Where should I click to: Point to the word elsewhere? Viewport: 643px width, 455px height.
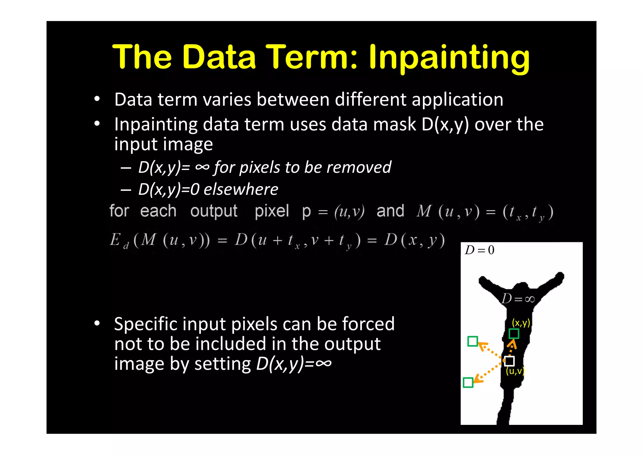(241, 189)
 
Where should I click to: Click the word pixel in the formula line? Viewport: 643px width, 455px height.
(272, 211)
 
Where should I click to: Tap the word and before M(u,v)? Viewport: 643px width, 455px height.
(390, 211)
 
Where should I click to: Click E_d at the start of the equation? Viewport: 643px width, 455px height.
(119, 241)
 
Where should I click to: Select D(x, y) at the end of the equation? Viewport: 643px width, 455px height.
(415, 240)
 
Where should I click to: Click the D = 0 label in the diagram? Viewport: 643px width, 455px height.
(479, 250)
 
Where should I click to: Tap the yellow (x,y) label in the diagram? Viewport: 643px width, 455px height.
(521, 322)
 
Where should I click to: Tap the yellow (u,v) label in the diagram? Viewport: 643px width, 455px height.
(515, 371)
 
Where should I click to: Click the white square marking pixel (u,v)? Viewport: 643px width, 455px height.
(510, 361)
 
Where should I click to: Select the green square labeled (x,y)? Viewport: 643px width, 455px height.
(514, 333)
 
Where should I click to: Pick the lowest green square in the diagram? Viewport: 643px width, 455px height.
(468, 382)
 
